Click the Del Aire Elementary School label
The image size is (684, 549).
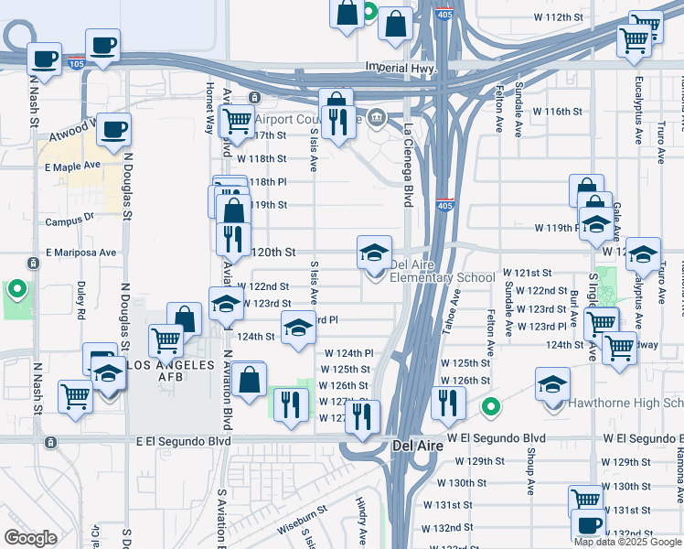click(443, 272)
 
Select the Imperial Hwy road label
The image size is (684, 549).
click(397, 68)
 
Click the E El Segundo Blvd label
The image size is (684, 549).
click(183, 440)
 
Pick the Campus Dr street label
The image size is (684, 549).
click(69, 220)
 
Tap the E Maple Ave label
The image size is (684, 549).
click(71, 167)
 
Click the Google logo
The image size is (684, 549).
click(30, 537)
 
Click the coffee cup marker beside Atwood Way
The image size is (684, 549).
click(112, 130)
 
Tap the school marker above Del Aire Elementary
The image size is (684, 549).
click(374, 251)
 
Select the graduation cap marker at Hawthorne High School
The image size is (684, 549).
click(552, 383)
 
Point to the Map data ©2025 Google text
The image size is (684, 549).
click(627, 542)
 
